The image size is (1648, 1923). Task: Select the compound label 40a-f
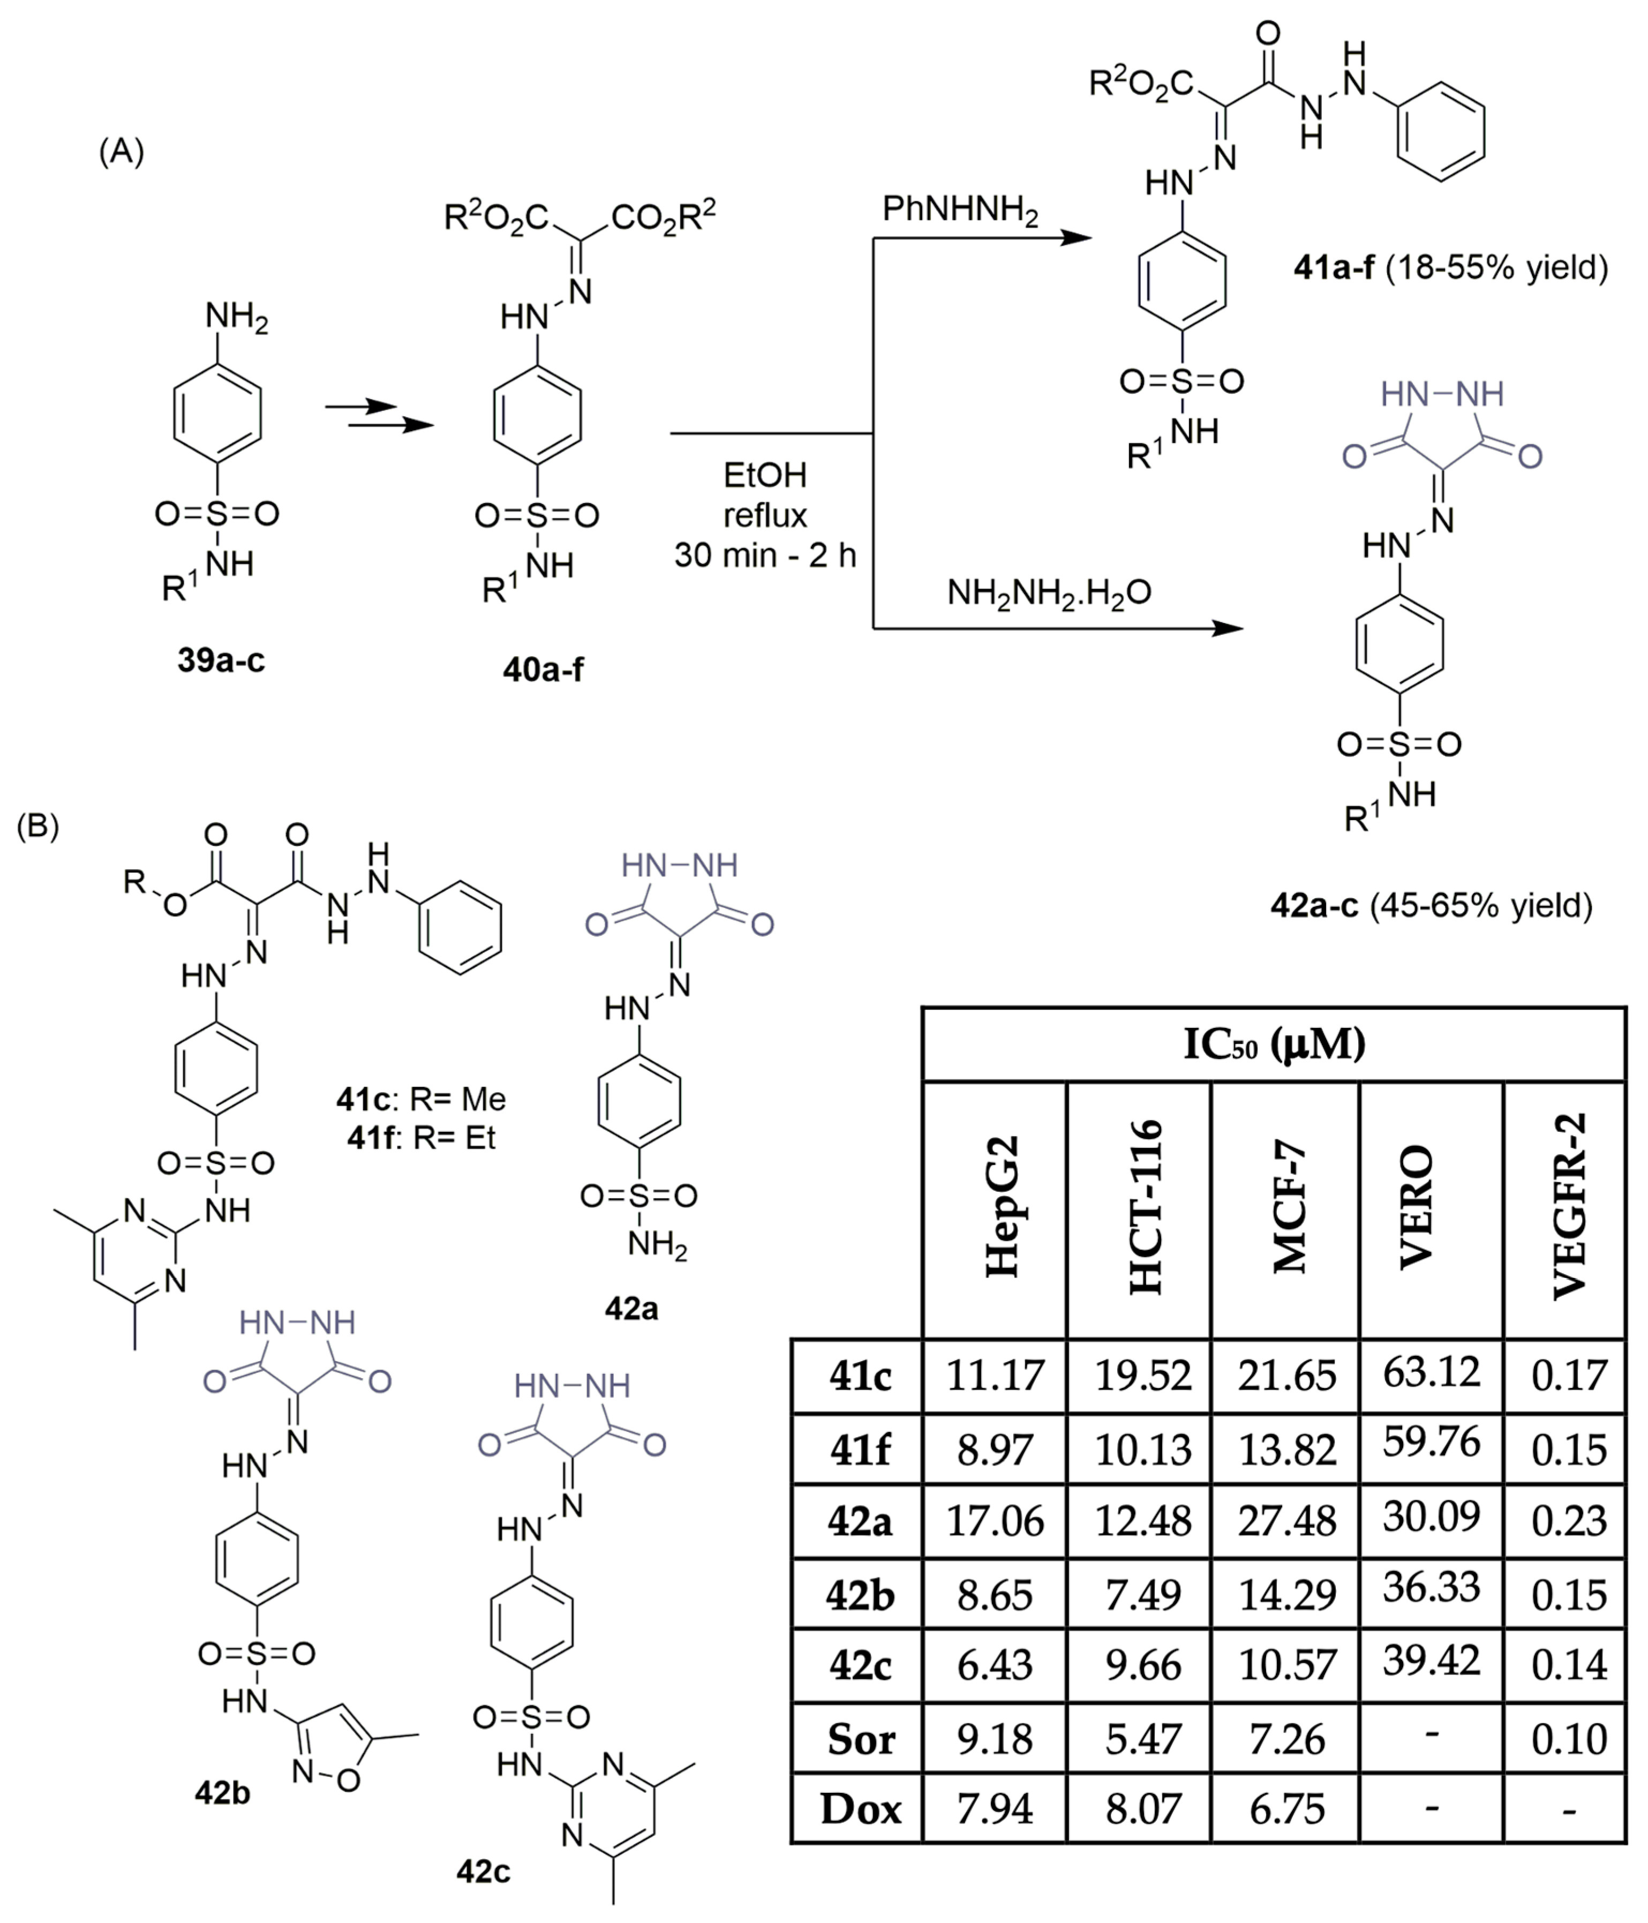pyautogui.click(x=543, y=668)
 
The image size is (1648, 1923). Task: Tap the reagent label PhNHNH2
pyautogui.click(x=959, y=211)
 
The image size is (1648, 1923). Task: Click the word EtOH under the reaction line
pyautogui.click(x=765, y=475)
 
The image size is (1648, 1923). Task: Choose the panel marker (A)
pyautogui.click(x=122, y=151)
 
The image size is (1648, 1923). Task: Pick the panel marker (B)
pyautogui.click(x=38, y=825)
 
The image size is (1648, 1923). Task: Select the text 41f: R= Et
pyautogui.click(x=422, y=1137)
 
